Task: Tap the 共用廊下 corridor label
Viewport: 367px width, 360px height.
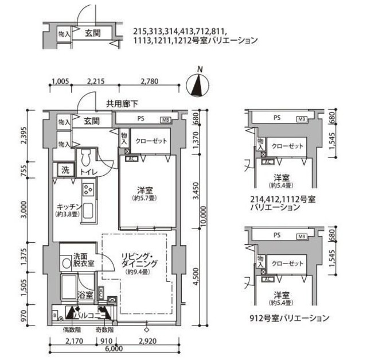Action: (x=122, y=104)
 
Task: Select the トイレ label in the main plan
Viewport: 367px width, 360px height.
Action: (x=88, y=172)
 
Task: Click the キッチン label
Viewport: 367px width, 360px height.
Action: (x=68, y=207)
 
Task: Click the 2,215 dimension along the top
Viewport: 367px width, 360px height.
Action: (x=99, y=80)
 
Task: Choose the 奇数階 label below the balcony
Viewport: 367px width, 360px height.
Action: (x=104, y=330)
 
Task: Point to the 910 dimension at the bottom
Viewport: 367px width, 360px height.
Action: (x=104, y=339)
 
